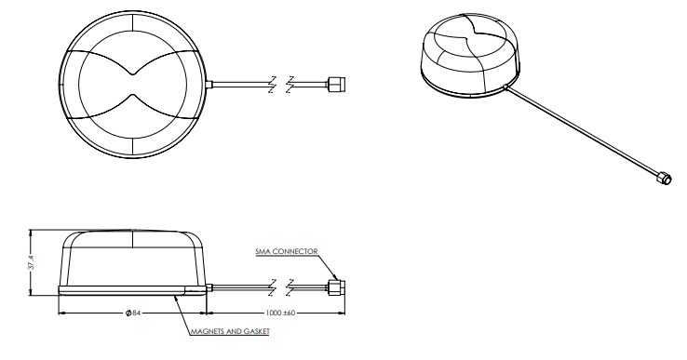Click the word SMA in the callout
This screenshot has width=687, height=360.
click(263, 251)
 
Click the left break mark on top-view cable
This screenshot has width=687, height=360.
click(271, 84)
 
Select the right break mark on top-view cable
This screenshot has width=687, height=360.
click(291, 84)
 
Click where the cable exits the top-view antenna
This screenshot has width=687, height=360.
click(210, 85)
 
